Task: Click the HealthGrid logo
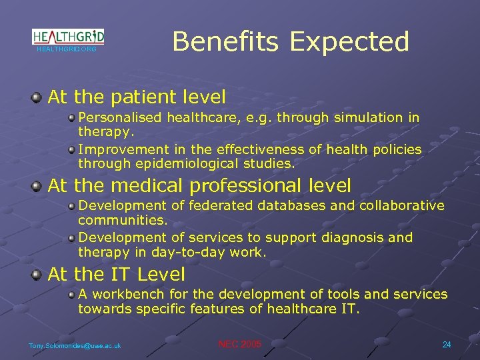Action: click(x=68, y=37)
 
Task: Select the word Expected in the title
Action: click(x=349, y=41)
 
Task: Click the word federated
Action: click(x=216, y=205)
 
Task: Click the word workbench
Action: click(x=125, y=294)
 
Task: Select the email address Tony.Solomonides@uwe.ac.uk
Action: click(x=75, y=345)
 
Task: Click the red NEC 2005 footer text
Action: click(x=240, y=344)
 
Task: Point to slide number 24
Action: click(x=447, y=344)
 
